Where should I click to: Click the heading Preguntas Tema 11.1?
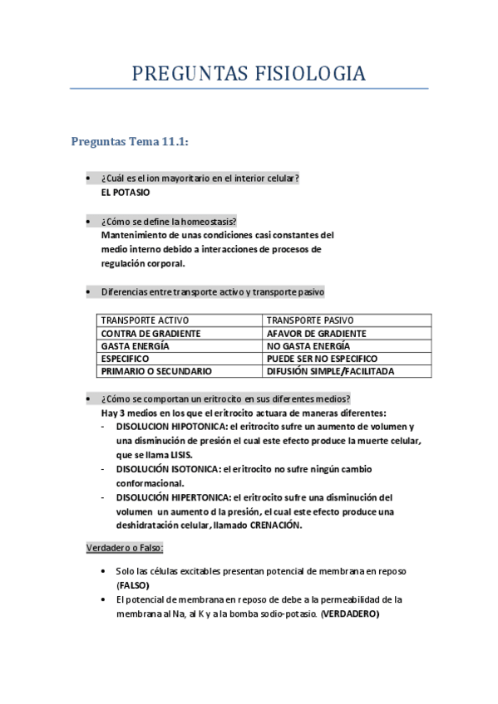point(131,142)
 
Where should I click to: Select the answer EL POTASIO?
point(126,193)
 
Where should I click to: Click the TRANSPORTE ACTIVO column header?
point(145,320)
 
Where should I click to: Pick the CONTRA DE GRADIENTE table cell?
point(150,333)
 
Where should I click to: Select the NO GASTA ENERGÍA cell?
point(308,345)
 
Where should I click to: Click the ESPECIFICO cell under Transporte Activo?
point(125,359)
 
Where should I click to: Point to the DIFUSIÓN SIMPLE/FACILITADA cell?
point(330,371)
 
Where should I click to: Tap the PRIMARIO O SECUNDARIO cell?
point(156,371)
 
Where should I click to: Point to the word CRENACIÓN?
point(275,526)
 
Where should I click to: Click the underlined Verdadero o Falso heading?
point(126,548)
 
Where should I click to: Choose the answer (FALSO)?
point(133,584)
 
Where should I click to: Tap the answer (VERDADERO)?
point(349,614)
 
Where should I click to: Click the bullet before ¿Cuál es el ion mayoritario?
point(88,178)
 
